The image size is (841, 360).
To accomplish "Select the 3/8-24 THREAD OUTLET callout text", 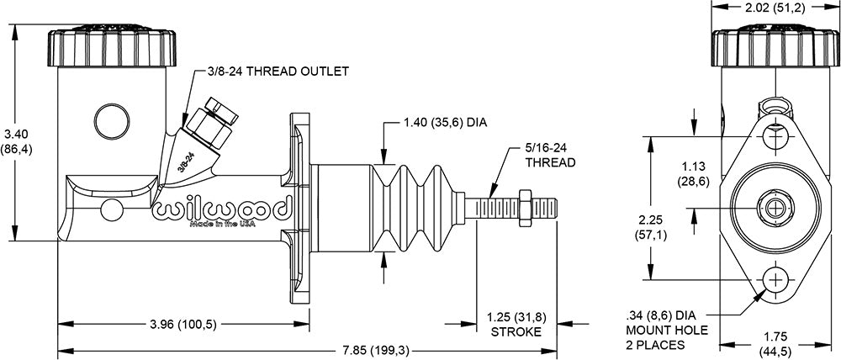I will click(x=277, y=71).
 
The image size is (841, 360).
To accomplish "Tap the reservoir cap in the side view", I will click(x=114, y=50).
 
